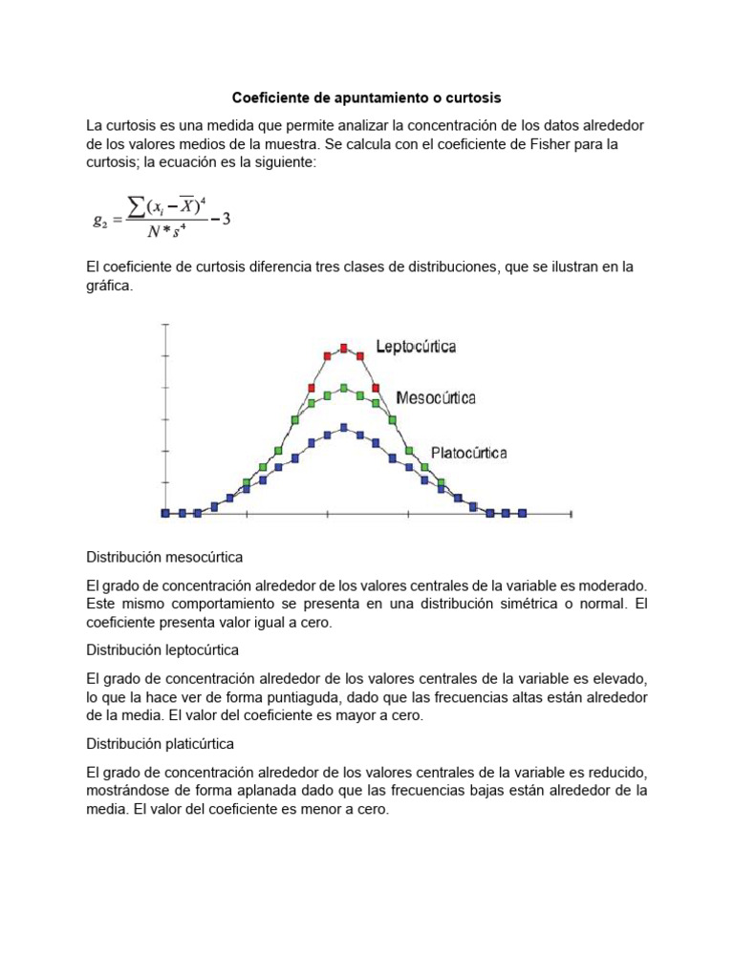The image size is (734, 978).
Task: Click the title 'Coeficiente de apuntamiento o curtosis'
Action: click(367, 98)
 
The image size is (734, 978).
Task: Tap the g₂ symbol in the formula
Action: click(99, 220)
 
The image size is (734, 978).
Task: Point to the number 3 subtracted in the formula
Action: click(226, 219)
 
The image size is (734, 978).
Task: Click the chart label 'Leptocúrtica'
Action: click(416, 347)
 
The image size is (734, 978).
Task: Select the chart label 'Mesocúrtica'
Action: click(436, 397)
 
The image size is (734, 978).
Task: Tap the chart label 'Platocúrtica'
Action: click(468, 453)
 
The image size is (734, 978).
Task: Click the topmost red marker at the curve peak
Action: click(343, 348)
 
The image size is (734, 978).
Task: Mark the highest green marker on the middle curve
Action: click(343, 389)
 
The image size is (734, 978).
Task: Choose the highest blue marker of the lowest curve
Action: click(343, 428)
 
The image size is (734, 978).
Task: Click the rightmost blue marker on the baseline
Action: click(523, 513)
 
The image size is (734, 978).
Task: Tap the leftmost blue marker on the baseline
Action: click(165, 513)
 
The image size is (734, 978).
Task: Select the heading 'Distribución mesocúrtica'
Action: click(164, 556)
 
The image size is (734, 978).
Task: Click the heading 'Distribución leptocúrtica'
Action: click(162, 649)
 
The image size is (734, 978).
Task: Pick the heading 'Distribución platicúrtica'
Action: click(161, 743)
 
